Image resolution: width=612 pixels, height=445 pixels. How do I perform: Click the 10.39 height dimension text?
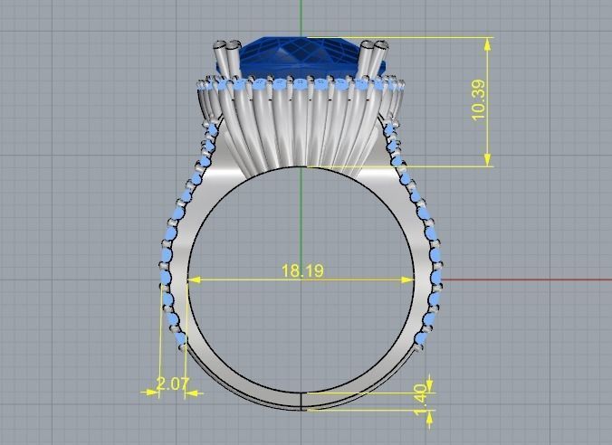pos(479,100)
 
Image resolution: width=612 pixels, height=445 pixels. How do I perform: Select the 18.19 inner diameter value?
pos(302,270)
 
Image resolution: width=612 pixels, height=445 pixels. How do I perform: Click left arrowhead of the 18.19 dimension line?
pos(192,279)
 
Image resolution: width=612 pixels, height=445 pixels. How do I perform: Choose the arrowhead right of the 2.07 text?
pos(191,393)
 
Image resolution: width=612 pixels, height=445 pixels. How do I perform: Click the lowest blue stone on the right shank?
pos(421,338)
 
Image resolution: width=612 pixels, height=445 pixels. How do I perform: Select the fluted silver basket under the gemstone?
pos(299,127)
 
